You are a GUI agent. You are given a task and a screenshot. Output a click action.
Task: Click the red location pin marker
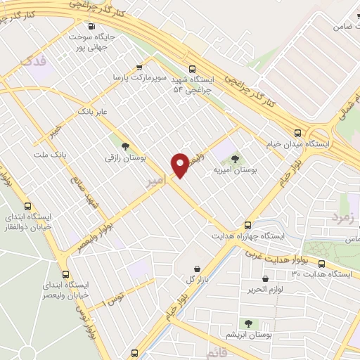181,165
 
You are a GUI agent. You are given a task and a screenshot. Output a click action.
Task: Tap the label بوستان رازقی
125,159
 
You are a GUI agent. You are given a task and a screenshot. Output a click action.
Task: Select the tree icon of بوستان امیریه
235,158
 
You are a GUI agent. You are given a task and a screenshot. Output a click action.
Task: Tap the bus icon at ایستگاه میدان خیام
298,131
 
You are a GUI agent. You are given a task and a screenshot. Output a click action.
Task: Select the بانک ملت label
49,154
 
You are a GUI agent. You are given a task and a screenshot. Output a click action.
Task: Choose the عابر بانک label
93,111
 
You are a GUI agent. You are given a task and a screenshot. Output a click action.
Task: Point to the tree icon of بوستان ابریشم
247,323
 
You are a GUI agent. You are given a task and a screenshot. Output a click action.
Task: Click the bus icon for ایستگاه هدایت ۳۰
321,264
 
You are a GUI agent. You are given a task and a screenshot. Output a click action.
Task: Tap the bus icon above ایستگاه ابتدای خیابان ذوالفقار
27,207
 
